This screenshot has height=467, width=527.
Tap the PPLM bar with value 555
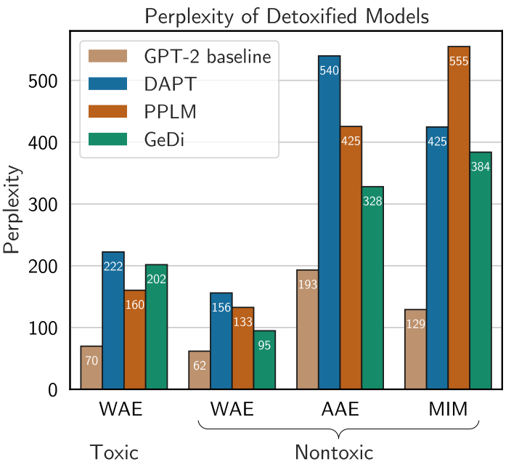pos(459,218)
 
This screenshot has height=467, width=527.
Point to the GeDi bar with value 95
pos(264,360)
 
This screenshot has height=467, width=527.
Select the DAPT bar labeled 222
pos(113,320)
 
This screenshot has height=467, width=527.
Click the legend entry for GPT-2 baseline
pos(179,57)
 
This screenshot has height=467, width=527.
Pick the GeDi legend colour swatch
pos(107,139)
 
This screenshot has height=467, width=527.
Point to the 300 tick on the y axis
pos(47,205)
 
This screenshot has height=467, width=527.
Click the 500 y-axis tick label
pos(47,81)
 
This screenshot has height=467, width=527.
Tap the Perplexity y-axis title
pos(12,211)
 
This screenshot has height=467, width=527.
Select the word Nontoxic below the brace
pos(334,452)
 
